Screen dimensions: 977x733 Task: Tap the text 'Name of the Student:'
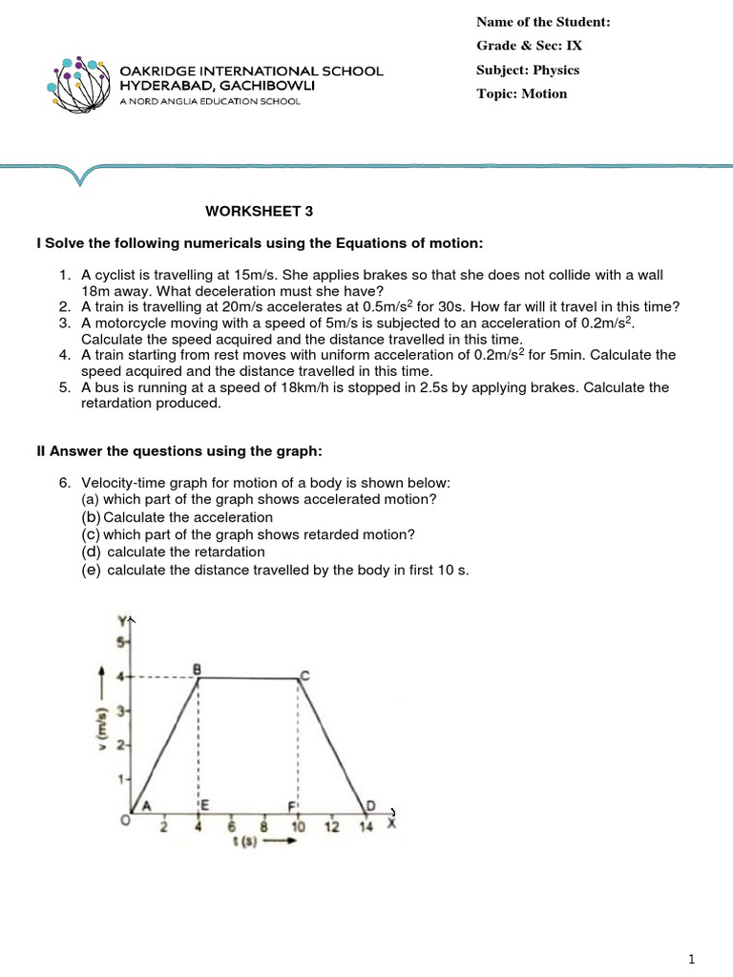[x=543, y=22]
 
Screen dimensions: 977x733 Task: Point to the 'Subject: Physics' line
[x=528, y=70]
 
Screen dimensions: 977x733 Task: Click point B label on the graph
[x=197, y=668]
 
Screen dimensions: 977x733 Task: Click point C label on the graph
[x=304, y=676]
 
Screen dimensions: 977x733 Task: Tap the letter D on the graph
[x=370, y=805]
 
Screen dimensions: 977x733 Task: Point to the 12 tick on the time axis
[x=330, y=826]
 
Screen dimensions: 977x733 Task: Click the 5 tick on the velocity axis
[x=121, y=642]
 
